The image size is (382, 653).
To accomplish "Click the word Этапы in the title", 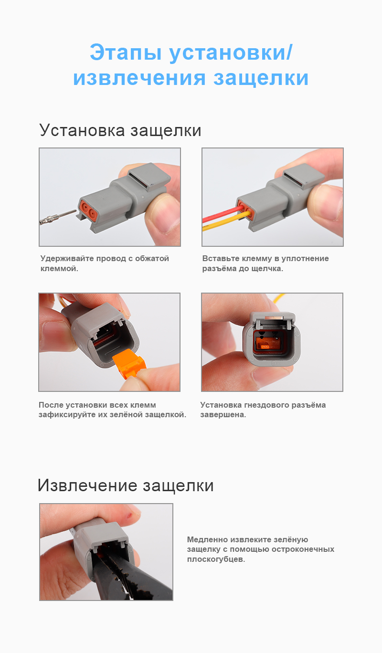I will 125,53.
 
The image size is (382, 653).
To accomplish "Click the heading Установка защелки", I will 120,130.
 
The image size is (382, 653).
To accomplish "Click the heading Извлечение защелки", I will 125,485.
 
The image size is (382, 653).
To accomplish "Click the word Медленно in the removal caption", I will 207,539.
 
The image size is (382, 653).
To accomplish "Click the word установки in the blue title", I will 230,53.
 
